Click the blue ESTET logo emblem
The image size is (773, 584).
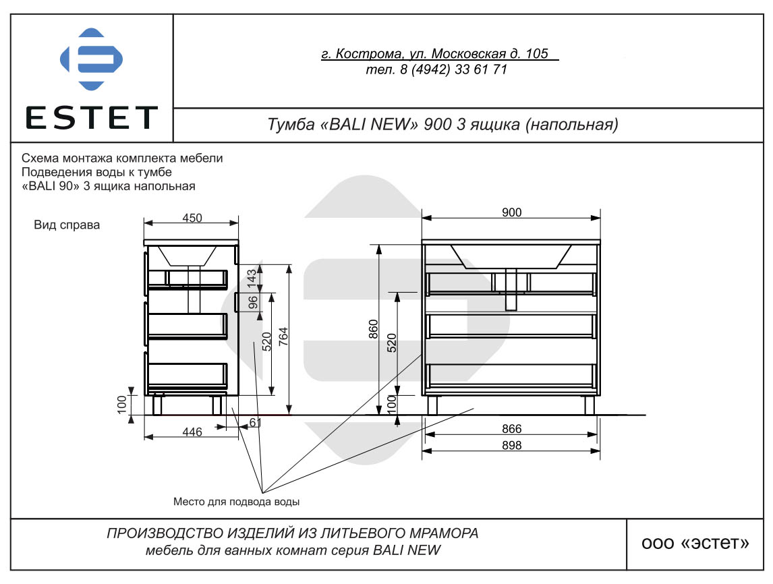91,59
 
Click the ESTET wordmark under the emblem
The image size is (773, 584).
91,118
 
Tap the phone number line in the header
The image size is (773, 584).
437,69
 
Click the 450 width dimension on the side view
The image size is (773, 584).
192,218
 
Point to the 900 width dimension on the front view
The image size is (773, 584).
512,212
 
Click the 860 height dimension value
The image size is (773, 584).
373,329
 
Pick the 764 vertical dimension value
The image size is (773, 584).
283,337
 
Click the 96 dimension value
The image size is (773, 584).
253,302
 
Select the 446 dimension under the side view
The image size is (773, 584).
192,432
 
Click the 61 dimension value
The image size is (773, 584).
256,422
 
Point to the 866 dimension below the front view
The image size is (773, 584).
512,429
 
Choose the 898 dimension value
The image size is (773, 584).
512,445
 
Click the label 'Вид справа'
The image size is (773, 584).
67,225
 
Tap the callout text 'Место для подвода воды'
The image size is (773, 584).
236,502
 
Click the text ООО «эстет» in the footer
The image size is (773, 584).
695,543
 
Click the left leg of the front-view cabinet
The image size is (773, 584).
432,405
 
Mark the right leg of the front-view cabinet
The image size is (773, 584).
590,405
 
